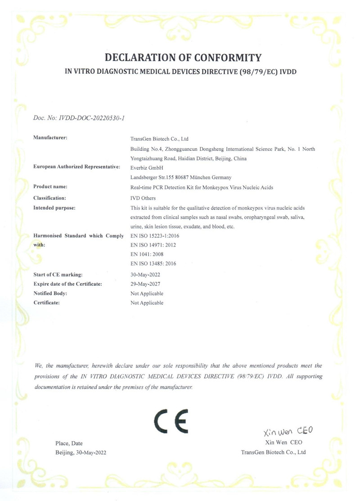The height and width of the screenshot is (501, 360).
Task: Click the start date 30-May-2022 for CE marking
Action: coord(145,274)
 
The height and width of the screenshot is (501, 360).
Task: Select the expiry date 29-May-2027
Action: coord(145,284)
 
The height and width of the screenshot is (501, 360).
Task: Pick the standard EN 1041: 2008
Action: coord(146,254)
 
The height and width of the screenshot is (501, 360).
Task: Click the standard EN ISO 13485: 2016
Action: coord(153,264)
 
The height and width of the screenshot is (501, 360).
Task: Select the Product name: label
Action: coord(50,186)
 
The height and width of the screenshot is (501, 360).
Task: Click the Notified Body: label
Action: coord(50,293)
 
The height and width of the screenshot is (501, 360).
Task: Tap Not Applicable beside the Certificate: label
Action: coord(147,303)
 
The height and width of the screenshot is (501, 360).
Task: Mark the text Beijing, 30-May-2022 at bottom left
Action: coord(81,452)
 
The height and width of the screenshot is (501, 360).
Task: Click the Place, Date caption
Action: coord(69,443)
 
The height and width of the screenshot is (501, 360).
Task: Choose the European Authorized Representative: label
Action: coord(77,167)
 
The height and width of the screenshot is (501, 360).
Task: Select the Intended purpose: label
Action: coord(54,208)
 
